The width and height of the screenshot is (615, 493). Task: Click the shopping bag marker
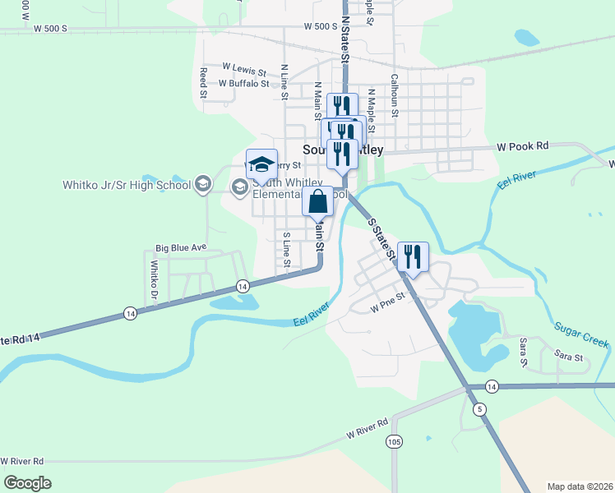[317, 201]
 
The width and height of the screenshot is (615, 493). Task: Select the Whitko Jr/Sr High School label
[127, 184]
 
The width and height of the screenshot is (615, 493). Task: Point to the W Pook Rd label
[522, 147]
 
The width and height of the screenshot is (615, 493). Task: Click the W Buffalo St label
[243, 83]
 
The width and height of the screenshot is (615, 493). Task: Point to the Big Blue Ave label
[181, 247]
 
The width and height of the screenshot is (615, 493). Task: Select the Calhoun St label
[395, 96]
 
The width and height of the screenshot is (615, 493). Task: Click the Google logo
[27, 483]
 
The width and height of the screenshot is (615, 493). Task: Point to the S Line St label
[287, 249]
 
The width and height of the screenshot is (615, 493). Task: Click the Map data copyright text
[579, 486]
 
